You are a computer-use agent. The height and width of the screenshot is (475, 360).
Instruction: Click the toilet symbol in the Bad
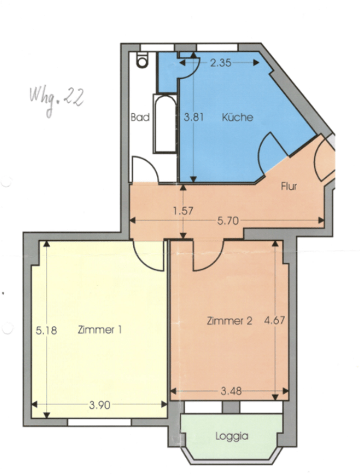142,60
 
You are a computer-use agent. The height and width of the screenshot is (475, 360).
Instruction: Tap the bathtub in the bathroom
165,124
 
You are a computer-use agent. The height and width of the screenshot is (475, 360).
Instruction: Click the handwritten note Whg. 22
57,99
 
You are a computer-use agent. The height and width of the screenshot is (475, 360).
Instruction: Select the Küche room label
237,117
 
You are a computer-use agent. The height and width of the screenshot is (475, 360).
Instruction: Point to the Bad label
140,117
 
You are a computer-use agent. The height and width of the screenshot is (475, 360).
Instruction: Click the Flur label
289,186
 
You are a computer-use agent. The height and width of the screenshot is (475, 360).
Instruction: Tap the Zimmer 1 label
100,329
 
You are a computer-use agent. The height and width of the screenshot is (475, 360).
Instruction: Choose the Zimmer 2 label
229,320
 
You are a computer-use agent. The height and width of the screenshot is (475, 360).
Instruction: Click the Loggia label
232,436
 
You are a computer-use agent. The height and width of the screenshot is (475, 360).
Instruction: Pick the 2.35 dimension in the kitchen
221,63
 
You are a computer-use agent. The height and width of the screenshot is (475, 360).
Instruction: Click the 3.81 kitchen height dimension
193,117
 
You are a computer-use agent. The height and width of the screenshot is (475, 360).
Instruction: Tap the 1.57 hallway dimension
183,211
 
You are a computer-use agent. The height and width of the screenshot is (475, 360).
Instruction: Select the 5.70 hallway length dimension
228,221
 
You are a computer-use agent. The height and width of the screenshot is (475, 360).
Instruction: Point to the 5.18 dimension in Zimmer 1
46,331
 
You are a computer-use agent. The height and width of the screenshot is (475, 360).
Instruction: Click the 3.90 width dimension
100,405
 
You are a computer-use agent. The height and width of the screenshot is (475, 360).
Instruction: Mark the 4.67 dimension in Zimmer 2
274,320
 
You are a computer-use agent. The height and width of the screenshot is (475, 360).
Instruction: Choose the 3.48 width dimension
231,391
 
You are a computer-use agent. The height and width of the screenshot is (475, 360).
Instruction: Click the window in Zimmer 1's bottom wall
100,422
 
